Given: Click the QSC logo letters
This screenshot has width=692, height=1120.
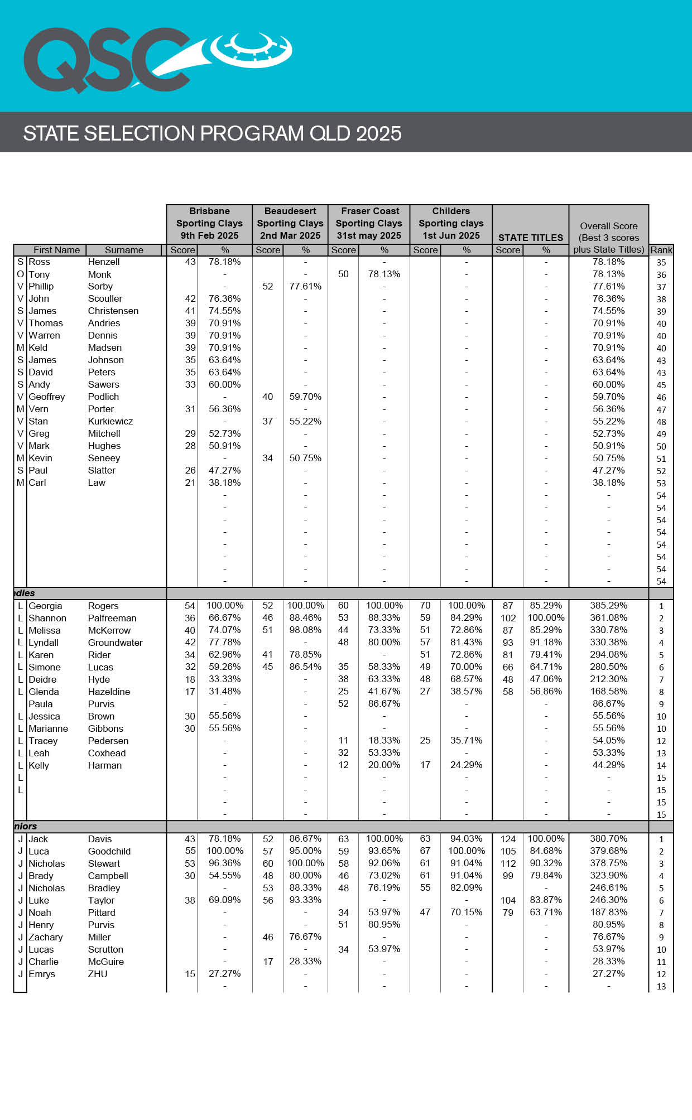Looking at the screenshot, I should point(106,60).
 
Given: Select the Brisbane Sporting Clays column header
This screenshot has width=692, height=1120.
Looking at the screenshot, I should point(209,223).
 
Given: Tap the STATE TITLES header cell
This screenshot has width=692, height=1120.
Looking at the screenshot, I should point(530,237).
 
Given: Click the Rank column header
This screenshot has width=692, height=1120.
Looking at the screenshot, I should point(661,250).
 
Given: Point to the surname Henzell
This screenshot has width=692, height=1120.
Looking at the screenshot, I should point(104,262).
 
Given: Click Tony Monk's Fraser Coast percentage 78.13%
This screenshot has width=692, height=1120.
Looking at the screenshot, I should point(384,274).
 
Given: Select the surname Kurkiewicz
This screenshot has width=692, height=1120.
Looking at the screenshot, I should point(110,422).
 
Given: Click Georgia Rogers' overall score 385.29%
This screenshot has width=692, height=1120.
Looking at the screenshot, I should point(608,606).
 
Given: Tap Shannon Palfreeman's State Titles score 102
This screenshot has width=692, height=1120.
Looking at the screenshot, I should point(508,618).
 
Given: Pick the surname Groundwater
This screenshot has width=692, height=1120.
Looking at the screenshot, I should point(115,643).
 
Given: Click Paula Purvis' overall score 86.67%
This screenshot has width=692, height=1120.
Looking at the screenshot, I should point(608,704).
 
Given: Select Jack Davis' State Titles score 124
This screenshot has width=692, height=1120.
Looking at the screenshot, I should point(508,839).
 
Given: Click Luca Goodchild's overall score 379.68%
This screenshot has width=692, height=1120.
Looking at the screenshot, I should point(608,851).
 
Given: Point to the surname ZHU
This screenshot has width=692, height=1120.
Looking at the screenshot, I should point(98,974).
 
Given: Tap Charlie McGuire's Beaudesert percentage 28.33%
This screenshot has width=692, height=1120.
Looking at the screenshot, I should point(305,962).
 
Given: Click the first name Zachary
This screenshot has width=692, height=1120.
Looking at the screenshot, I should point(46,937).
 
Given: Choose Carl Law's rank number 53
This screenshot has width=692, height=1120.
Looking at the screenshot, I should point(661,483).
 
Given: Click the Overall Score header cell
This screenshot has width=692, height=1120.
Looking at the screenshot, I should point(608,237).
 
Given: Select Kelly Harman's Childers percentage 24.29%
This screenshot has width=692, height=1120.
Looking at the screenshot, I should point(466,765).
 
